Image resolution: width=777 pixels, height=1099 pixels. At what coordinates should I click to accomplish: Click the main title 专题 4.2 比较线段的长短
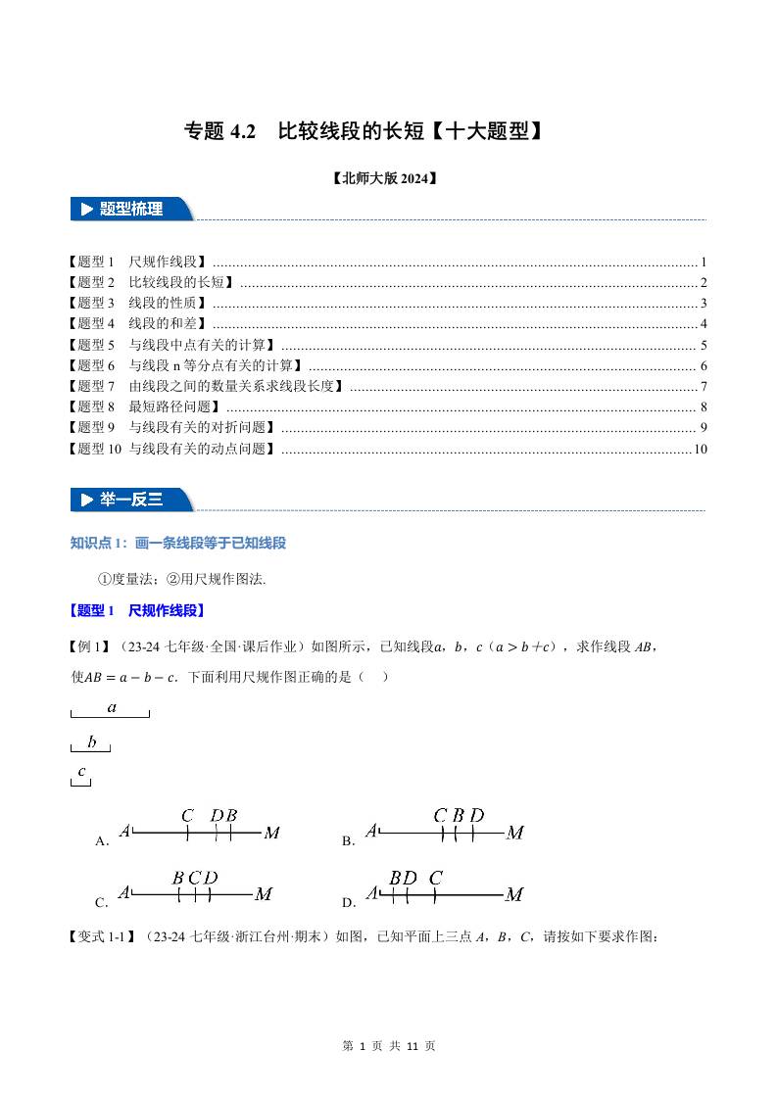[x=364, y=131]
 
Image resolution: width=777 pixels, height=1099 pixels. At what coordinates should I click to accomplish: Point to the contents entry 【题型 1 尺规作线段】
[x=138, y=263]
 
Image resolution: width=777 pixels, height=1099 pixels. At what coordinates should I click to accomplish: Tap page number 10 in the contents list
[x=700, y=449]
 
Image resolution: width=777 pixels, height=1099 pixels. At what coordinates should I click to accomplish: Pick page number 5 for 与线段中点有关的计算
[x=704, y=345]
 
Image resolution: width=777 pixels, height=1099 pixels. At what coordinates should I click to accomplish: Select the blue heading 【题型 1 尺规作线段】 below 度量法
[x=137, y=610]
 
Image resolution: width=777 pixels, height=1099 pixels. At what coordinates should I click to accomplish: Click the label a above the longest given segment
[x=112, y=706]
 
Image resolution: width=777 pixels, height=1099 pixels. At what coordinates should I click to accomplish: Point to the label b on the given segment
[x=91, y=741]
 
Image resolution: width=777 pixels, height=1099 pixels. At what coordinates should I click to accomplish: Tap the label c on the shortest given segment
[x=82, y=771]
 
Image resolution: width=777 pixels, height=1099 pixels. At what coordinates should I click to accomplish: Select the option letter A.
[x=101, y=840]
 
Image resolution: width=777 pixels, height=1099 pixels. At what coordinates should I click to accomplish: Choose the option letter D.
[x=348, y=902]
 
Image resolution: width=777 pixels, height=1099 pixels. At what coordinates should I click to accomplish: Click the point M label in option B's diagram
[x=514, y=834]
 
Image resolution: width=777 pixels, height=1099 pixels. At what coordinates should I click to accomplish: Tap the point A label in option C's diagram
[x=124, y=893]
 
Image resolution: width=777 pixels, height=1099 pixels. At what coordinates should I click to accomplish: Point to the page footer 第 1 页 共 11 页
[x=389, y=1046]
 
